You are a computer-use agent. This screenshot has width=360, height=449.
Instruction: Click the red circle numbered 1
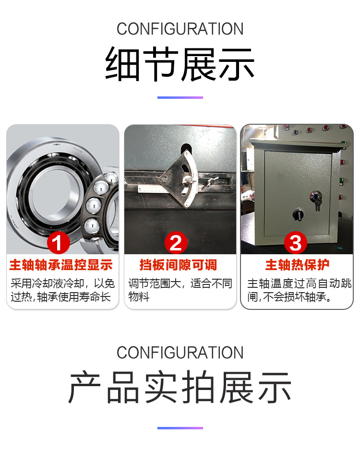pyautogui.click(x=58, y=243)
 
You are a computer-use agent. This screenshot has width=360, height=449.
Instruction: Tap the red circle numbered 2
pyautogui.click(x=176, y=243)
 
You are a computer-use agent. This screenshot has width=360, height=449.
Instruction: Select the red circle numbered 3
pyautogui.click(x=296, y=243)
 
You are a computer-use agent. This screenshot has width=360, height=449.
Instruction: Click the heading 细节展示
pyautogui.click(x=180, y=64)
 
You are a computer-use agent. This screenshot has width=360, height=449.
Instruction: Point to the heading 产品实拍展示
pyautogui.click(x=180, y=387)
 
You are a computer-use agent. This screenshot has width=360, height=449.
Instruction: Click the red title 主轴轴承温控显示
pyautogui.click(x=61, y=265)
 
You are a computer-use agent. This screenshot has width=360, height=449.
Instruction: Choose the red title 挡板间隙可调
pyautogui.click(x=178, y=265)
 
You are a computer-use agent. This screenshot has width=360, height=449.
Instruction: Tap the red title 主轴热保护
pyautogui.click(x=297, y=265)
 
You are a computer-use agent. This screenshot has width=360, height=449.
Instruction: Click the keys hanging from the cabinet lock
pyautogui.click(x=317, y=205)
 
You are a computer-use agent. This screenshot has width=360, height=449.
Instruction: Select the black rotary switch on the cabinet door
pyautogui.click(x=298, y=214)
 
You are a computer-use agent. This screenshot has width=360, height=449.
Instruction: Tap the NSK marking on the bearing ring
pyautogui.click(x=57, y=144)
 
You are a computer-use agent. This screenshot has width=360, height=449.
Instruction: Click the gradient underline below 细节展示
pyautogui.click(x=180, y=98)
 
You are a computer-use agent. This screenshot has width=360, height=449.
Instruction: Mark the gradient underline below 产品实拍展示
pyautogui.click(x=180, y=428)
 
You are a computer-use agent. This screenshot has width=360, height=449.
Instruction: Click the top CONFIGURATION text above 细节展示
pyautogui.click(x=180, y=29)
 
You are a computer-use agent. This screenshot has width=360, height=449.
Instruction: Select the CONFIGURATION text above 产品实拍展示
pyautogui.click(x=180, y=353)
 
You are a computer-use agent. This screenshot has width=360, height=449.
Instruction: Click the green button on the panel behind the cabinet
pyautogui.click(x=341, y=181)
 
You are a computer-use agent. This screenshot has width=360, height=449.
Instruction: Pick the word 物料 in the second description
pyautogui.click(x=139, y=297)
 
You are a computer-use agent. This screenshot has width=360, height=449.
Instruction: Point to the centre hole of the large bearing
pyautogui.click(x=51, y=192)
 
